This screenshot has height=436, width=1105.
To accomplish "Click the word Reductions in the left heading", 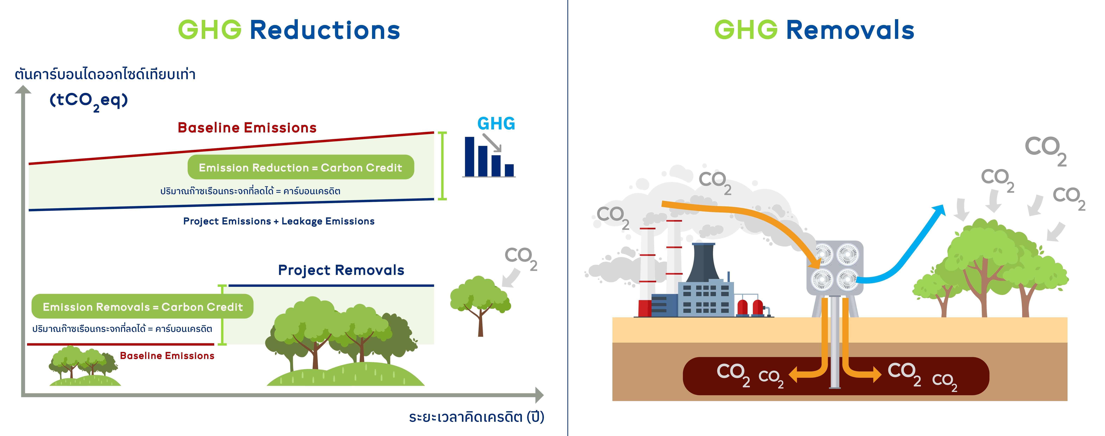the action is (x=325, y=30).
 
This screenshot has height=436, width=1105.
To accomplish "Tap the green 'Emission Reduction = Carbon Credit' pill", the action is (x=301, y=167).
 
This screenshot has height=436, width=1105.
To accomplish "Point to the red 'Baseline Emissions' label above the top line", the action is (x=247, y=128).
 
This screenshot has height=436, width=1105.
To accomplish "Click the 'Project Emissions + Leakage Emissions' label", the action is (x=279, y=221).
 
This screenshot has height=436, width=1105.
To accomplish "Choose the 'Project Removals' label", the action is (x=341, y=270).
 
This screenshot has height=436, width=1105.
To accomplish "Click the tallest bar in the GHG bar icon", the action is (x=470, y=157).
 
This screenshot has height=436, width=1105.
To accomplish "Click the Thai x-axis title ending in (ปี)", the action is (x=476, y=417).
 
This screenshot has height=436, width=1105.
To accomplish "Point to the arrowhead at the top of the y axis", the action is (x=23, y=89).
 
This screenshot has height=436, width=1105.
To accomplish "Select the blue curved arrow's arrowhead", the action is (x=939, y=210).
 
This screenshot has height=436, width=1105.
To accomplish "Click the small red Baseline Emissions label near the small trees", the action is (x=167, y=356).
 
